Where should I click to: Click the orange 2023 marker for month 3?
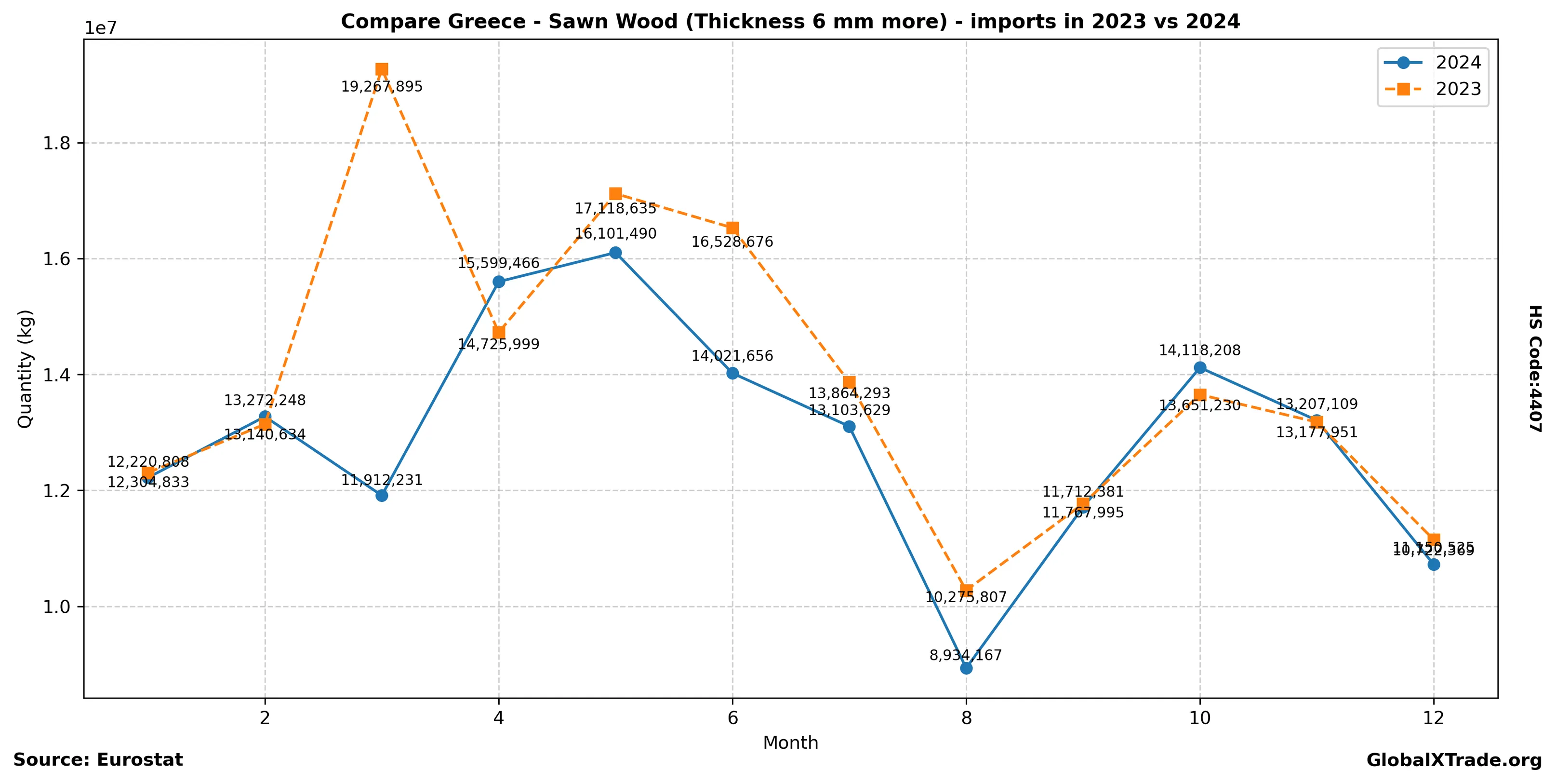pyautogui.click(x=382, y=69)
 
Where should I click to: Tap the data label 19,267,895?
pyautogui.click(x=382, y=87)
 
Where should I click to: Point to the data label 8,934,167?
pyautogui.click(x=966, y=655)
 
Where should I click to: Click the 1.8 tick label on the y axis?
pyautogui.click(x=57, y=144)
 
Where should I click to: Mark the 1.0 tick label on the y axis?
pyautogui.click(x=57, y=607)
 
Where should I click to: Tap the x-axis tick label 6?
pyautogui.click(x=732, y=718)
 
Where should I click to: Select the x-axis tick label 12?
pyautogui.click(x=1434, y=718)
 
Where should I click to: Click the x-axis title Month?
pyautogui.click(x=790, y=743)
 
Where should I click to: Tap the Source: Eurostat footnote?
pyautogui.click(x=98, y=760)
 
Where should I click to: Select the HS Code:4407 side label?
pyautogui.click(x=1535, y=368)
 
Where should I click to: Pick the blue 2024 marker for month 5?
pyautogui.click(x=615, y=253)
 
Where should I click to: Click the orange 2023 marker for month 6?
pyautogui.click(x=732, y=228)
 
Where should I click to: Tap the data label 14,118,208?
pyautogui.click(x=1199, y=351)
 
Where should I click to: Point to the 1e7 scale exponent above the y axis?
pyautogui.click(x=101, y=28)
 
